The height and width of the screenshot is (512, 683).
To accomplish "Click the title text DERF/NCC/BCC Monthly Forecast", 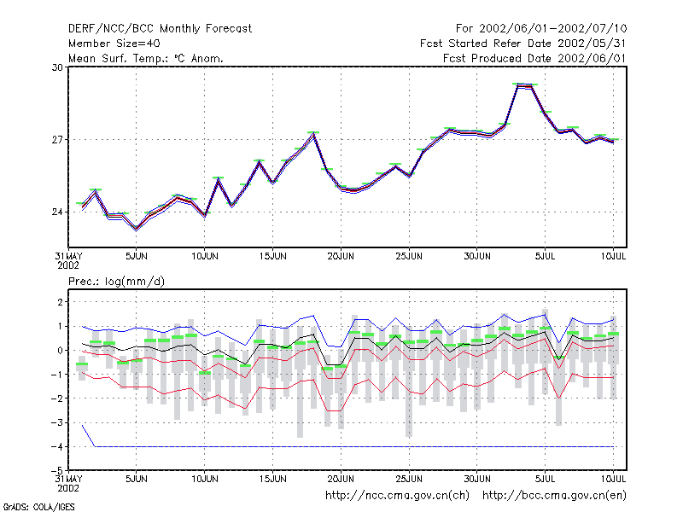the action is click(160, 29).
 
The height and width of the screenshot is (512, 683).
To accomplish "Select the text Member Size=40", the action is click(114, 44).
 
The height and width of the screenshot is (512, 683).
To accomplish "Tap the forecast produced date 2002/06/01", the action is click(592, 58).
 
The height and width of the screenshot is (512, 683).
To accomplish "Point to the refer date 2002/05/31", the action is click(592, 44).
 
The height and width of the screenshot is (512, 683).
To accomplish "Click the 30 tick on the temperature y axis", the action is click(57, 67).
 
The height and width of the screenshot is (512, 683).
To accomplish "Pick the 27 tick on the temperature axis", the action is click(57, 140).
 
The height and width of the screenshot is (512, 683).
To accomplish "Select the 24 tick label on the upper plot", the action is click(57, 212).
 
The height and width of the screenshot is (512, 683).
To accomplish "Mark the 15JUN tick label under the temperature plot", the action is click(272, 256).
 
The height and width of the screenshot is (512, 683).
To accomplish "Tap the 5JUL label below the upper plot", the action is click(545, 256).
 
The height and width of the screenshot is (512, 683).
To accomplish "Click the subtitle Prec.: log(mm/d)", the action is click(116, 282).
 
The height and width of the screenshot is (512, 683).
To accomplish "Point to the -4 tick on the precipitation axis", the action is click(56, 446).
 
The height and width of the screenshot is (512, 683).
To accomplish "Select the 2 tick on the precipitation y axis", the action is click(60, 302).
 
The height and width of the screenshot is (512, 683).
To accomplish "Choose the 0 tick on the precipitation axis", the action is click(60, 350).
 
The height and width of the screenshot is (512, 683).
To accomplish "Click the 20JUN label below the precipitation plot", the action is click(341, 479).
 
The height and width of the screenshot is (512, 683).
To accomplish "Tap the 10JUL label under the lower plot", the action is click(613, 479).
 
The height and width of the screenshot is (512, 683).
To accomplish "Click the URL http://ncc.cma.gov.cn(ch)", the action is click(397, 496).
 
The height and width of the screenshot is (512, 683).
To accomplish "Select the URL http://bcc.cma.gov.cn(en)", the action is click(554, 496).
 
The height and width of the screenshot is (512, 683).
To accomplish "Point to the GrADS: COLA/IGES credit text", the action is click(38, 507).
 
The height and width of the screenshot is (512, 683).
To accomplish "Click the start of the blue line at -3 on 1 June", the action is click(82, 425).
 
